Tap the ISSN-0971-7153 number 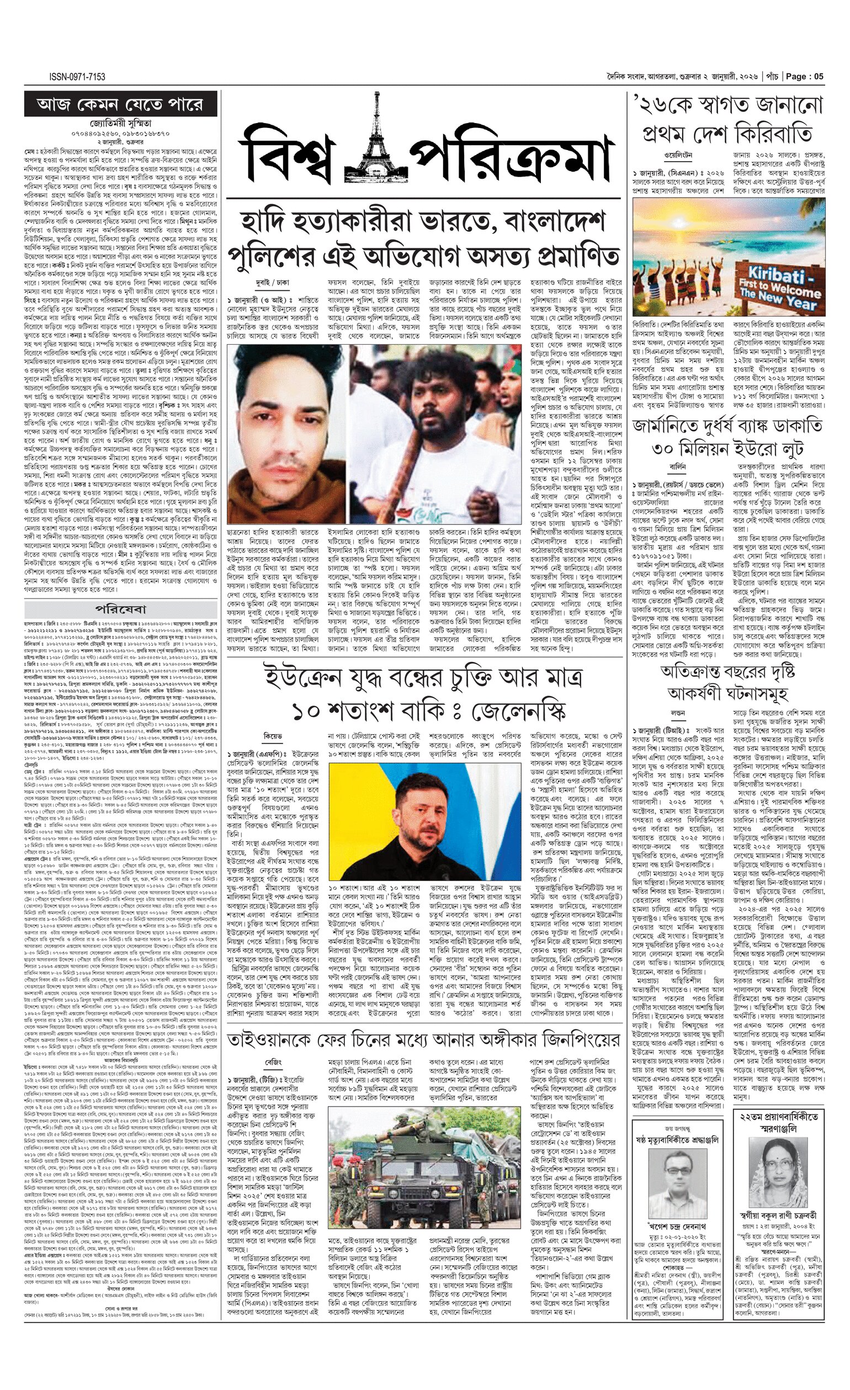(x=77, y=77)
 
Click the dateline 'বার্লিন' (x=678, y=467)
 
